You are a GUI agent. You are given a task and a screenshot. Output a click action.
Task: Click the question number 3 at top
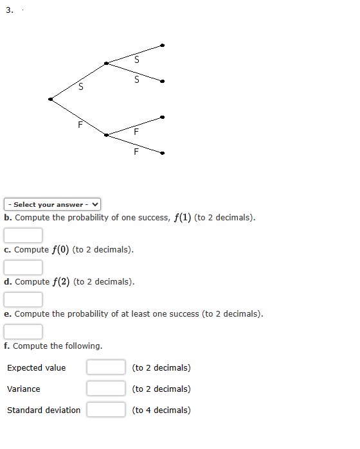[9, 10]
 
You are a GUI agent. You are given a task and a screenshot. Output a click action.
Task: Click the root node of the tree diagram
[50, 99]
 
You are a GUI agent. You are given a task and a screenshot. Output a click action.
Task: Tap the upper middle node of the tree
[106, 63]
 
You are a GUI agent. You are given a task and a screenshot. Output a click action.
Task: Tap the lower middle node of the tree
[106, 135]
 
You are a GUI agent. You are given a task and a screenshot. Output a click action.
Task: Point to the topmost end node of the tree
[163, 45]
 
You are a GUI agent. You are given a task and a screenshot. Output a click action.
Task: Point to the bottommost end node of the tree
[163, 153]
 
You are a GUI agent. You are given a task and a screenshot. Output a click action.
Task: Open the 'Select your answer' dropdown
[53, 204]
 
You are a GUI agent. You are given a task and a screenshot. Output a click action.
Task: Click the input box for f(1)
[24, 235]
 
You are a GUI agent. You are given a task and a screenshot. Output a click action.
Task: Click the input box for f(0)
[24, 267]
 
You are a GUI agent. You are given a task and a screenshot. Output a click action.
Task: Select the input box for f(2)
[24, 299]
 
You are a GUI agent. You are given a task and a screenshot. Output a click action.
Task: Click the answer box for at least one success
[24, 331]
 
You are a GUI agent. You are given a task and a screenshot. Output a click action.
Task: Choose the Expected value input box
[106, 367]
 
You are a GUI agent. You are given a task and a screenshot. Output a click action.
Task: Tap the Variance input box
[106, 389]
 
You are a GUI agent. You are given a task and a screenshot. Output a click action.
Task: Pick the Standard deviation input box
[106, 410]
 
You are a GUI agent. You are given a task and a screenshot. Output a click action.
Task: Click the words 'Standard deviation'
[44, 410]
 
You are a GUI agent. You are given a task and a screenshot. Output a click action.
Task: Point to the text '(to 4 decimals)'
[161, 410]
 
